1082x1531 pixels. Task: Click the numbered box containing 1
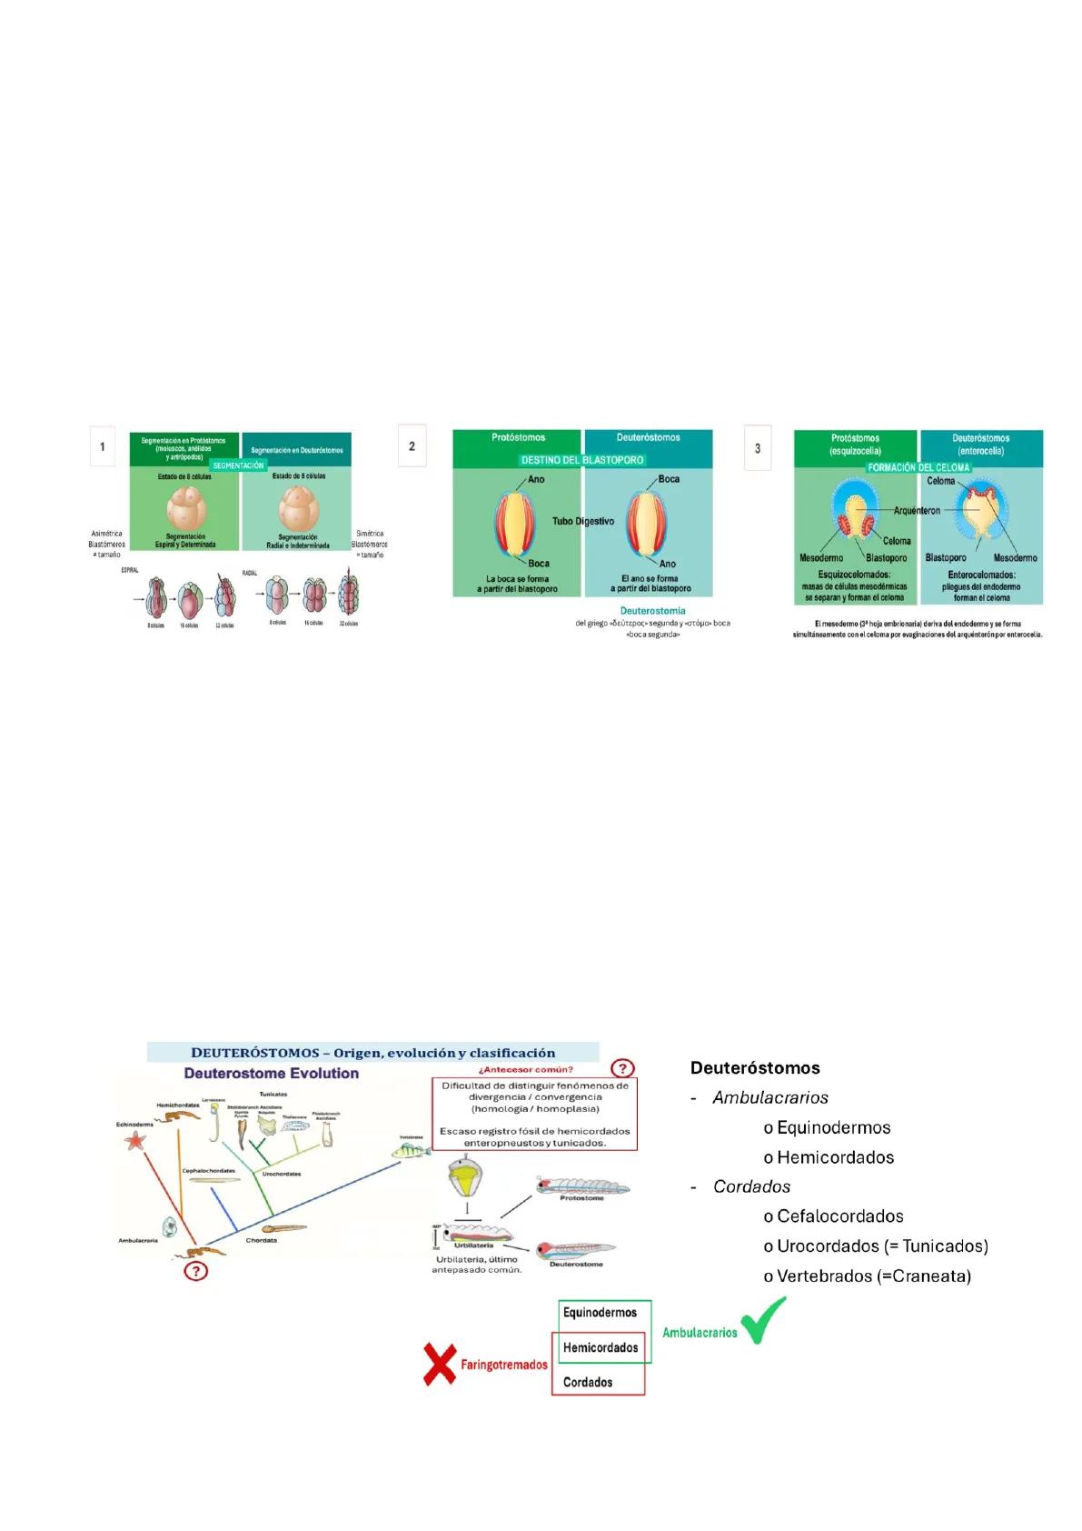tap(103, 446)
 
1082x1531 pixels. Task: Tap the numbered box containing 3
tap(758, 448)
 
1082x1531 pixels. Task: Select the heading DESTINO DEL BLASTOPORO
tap(582, 460)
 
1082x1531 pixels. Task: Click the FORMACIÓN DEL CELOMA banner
tap(918, 467)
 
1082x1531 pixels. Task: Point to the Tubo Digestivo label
tap(583, 521)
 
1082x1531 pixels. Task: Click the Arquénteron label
tap(917, 511)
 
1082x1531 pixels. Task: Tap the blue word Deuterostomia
tap(652, 611)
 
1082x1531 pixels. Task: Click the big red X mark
tap(440, 1365)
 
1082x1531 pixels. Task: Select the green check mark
tap(763, 1321)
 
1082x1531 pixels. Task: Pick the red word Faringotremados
tap(504, 1365)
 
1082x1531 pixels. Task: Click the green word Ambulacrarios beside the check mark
tap(700, 1333)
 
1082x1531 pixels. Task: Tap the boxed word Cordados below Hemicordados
tap(588, 1382)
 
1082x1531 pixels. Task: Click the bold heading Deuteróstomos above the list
tap(755, 1068)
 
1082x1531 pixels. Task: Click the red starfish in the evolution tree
tap(135, 1140)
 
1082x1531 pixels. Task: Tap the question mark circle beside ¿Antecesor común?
tap(622, 1068)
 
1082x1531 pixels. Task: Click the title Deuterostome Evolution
tap(271, 1074)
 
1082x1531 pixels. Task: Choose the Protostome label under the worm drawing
tap(581, 1198)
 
